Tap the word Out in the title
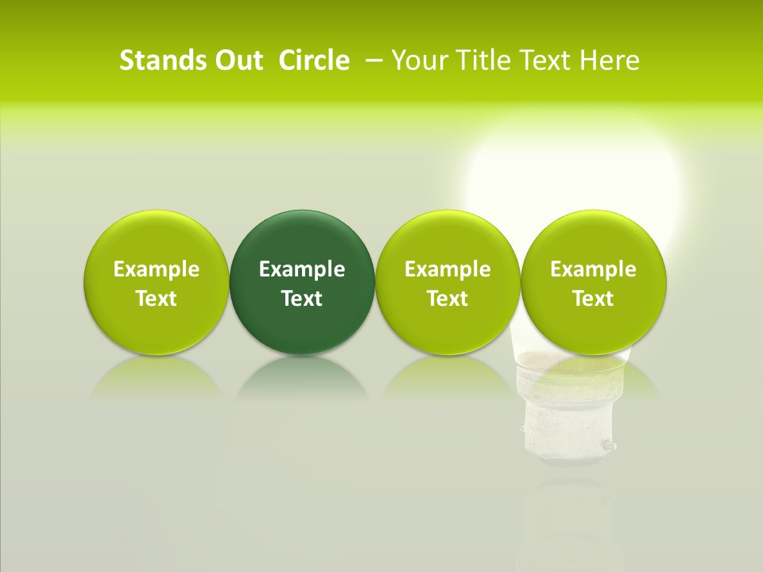pos(236,60)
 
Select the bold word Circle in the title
pos(314,60)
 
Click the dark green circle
pos(302,238)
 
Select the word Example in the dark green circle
pos(302,269)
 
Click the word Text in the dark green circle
pos(302,299)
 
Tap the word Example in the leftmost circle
pos(157,269)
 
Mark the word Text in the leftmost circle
pos(157,299)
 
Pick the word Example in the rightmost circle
pos(593,269)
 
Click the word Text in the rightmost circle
pos(593,299)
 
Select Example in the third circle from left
pos(447,269)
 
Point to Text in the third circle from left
pos(447,299)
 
